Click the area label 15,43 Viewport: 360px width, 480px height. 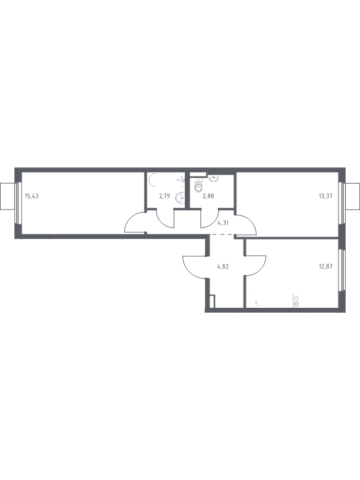pos(32,196)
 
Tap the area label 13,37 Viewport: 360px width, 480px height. pos(325,196)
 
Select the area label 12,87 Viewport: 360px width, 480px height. pos(325,266)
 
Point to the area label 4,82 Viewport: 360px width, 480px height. pos(223,266)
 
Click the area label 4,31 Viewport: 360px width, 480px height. pos(223,223)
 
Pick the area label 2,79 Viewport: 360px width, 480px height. pos(164,196)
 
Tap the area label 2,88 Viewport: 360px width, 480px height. pos(208,196)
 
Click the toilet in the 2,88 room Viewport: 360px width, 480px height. pos(199,185)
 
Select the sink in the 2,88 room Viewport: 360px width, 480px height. pos(214,178)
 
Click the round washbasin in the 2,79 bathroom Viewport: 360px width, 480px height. pos(180,198)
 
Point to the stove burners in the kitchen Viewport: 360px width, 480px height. pos(296,301)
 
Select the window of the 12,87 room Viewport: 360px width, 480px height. pos(341,269)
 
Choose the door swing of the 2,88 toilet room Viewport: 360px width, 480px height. pos(207,221)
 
